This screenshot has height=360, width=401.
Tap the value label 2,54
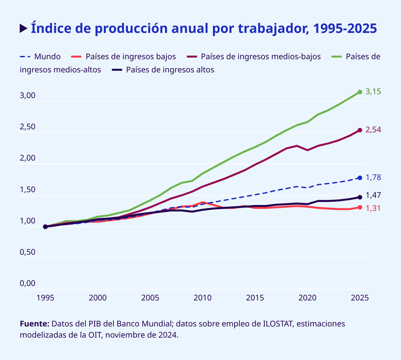[373, 130]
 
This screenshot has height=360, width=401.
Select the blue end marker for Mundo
[360, 178]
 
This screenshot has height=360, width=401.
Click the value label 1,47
[373, 195]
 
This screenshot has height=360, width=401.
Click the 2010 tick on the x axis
[202, 298]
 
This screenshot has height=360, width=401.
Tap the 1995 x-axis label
[45, 298]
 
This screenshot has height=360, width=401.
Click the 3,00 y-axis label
[28, 96]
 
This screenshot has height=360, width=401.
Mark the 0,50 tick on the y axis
[28, 252]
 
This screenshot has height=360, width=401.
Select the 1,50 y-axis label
[28, 190]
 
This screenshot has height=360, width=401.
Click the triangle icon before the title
[23, 28]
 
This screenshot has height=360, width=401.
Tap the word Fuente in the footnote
[35, 324]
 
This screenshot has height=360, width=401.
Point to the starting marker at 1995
[45, 227]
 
